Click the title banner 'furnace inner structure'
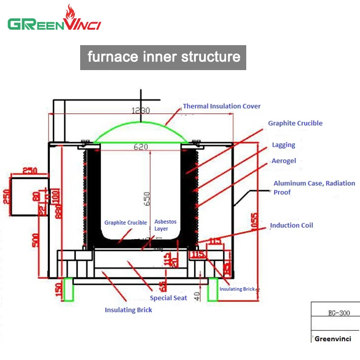coord(163,57)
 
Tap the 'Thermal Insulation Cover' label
coord(222,106)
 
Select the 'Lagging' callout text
coord(283,145)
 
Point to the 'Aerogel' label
coord(283,161)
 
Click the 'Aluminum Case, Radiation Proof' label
coord(314,188)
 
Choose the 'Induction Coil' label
coord(291,225)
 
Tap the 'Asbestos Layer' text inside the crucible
coord(166,225)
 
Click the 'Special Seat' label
coord(168,298)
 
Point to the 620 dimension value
coord(141,147)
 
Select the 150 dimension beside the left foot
coord(58,289)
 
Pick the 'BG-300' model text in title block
coord(336,313)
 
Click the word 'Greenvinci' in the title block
coord(333,339)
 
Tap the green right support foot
coord(212,289)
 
